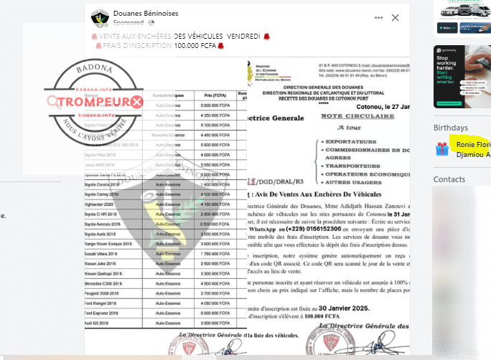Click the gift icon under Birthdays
(442, 148)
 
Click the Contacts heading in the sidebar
(449, 179)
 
